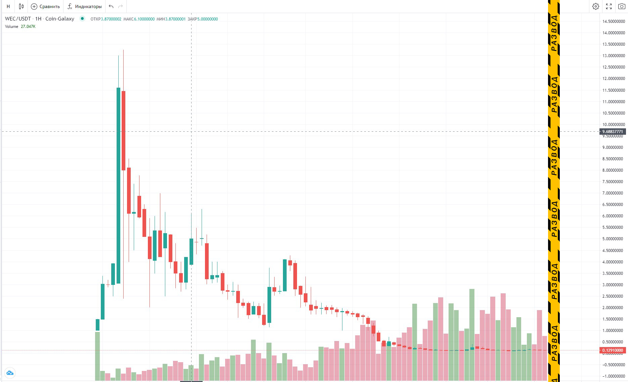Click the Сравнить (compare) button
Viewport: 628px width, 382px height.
(45, 6)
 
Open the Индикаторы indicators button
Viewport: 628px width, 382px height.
(85, 6)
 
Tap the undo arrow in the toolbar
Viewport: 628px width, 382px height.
(111, 6)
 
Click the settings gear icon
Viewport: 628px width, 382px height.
(595, 6)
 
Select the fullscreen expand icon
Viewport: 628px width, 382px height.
(609, 6)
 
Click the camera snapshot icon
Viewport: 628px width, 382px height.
(622, 6)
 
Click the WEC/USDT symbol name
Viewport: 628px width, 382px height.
(18, 19)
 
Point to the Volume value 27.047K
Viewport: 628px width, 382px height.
(28, 27)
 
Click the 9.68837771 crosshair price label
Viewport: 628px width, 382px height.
(612, 132)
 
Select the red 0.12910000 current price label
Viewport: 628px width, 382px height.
(612, 350)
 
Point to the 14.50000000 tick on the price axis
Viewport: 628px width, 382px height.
(614, 22)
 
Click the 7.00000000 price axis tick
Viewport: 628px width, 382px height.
(614, 193)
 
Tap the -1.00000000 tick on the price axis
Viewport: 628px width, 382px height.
(614, 376)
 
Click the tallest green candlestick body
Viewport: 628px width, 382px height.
(118, 185)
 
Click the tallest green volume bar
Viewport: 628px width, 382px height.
(472, 334)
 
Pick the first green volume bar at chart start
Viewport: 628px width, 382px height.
(97, 356)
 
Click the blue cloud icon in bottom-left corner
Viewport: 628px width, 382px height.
(10, 373)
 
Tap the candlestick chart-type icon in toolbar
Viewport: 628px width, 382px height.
(21, 6)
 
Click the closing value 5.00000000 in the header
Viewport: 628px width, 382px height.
(207, 19)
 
